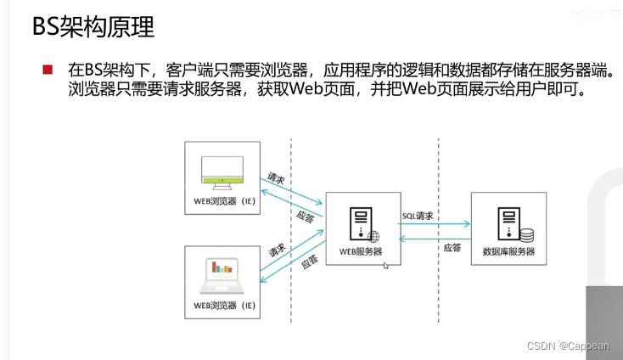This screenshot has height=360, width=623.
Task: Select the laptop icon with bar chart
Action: (222, 271)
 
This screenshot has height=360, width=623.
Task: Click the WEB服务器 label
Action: (361, 251)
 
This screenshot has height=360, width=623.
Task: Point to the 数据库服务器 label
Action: (508, 251)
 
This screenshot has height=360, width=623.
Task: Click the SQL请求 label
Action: (417, 217)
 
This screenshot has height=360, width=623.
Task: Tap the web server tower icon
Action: (358, 223)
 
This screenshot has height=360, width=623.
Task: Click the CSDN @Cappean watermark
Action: (572, 346)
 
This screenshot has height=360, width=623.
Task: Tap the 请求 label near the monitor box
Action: (276, 179)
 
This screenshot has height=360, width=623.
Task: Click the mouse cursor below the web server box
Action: (386, 267)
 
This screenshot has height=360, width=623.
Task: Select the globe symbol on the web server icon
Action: (373, 236)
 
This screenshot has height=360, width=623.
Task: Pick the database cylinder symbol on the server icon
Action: (526, 234)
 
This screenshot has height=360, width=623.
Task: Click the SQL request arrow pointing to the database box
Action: (435, 225)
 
